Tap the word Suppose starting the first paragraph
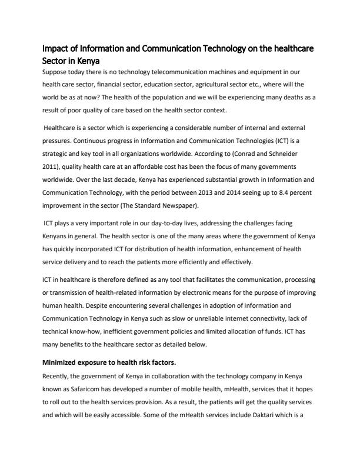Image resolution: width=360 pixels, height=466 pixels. (58, 72)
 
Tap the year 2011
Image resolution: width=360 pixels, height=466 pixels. (53, 168)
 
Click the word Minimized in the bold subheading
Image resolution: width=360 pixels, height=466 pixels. (64, 362)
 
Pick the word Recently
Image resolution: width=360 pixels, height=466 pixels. (58, 376)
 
